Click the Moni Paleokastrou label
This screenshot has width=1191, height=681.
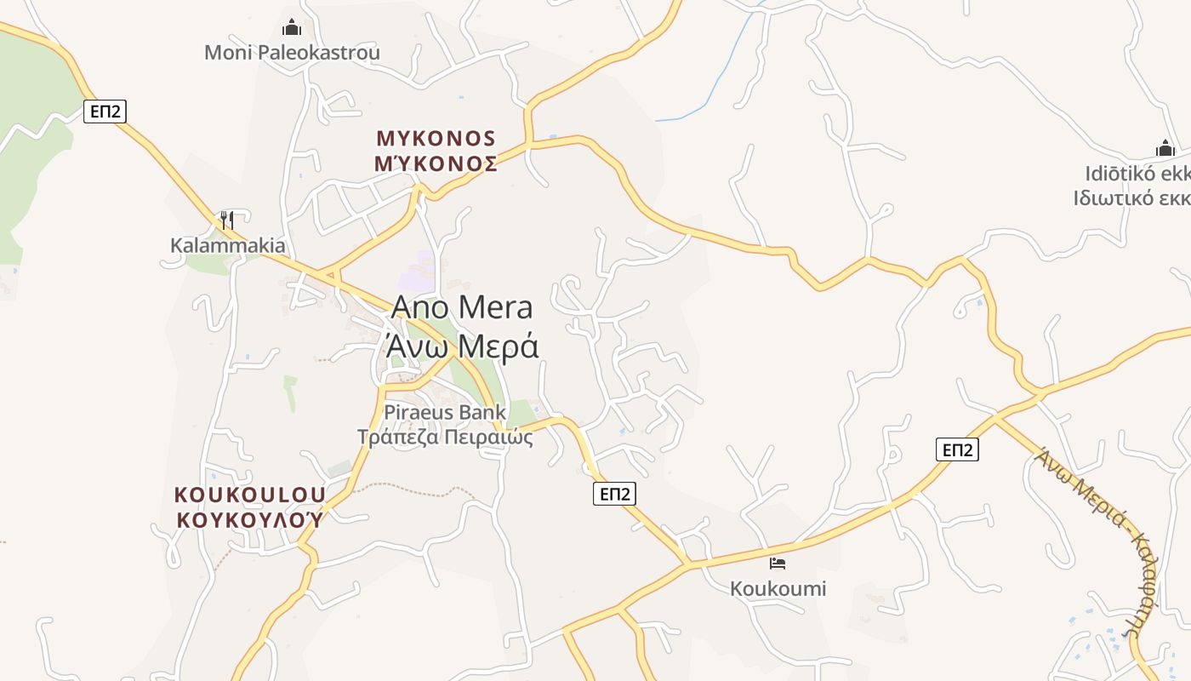coord(292,53)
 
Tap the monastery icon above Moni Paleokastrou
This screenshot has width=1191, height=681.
coord(292,27)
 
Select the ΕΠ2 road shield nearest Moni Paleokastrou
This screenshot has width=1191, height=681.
coord(105,112)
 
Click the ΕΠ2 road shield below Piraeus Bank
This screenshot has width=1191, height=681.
coord(614,494)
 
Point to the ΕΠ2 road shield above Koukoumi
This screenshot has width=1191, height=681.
coord(957,449)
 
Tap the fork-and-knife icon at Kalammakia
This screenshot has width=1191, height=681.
coord(226,220)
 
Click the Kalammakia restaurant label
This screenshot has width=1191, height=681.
coord(228,246)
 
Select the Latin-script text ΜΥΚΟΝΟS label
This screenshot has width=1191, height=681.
coord(436,139)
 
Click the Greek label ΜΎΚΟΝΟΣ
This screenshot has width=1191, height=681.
coord(436,164)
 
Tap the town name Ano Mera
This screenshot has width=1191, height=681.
coord(462,307)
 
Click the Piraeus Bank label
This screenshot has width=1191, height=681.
coord(445,413)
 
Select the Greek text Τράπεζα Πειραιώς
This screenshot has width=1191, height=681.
coord(445,438)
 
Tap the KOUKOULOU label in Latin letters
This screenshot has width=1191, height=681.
coord(250,495)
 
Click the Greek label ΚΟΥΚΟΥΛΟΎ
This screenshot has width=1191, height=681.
coord(250,519)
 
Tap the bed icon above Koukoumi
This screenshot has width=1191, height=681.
coord(777,563)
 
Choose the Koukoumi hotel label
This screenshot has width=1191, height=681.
coord(778,588)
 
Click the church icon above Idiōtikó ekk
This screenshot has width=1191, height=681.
coord(1165,148)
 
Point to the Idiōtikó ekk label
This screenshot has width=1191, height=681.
coord(1136,174)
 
